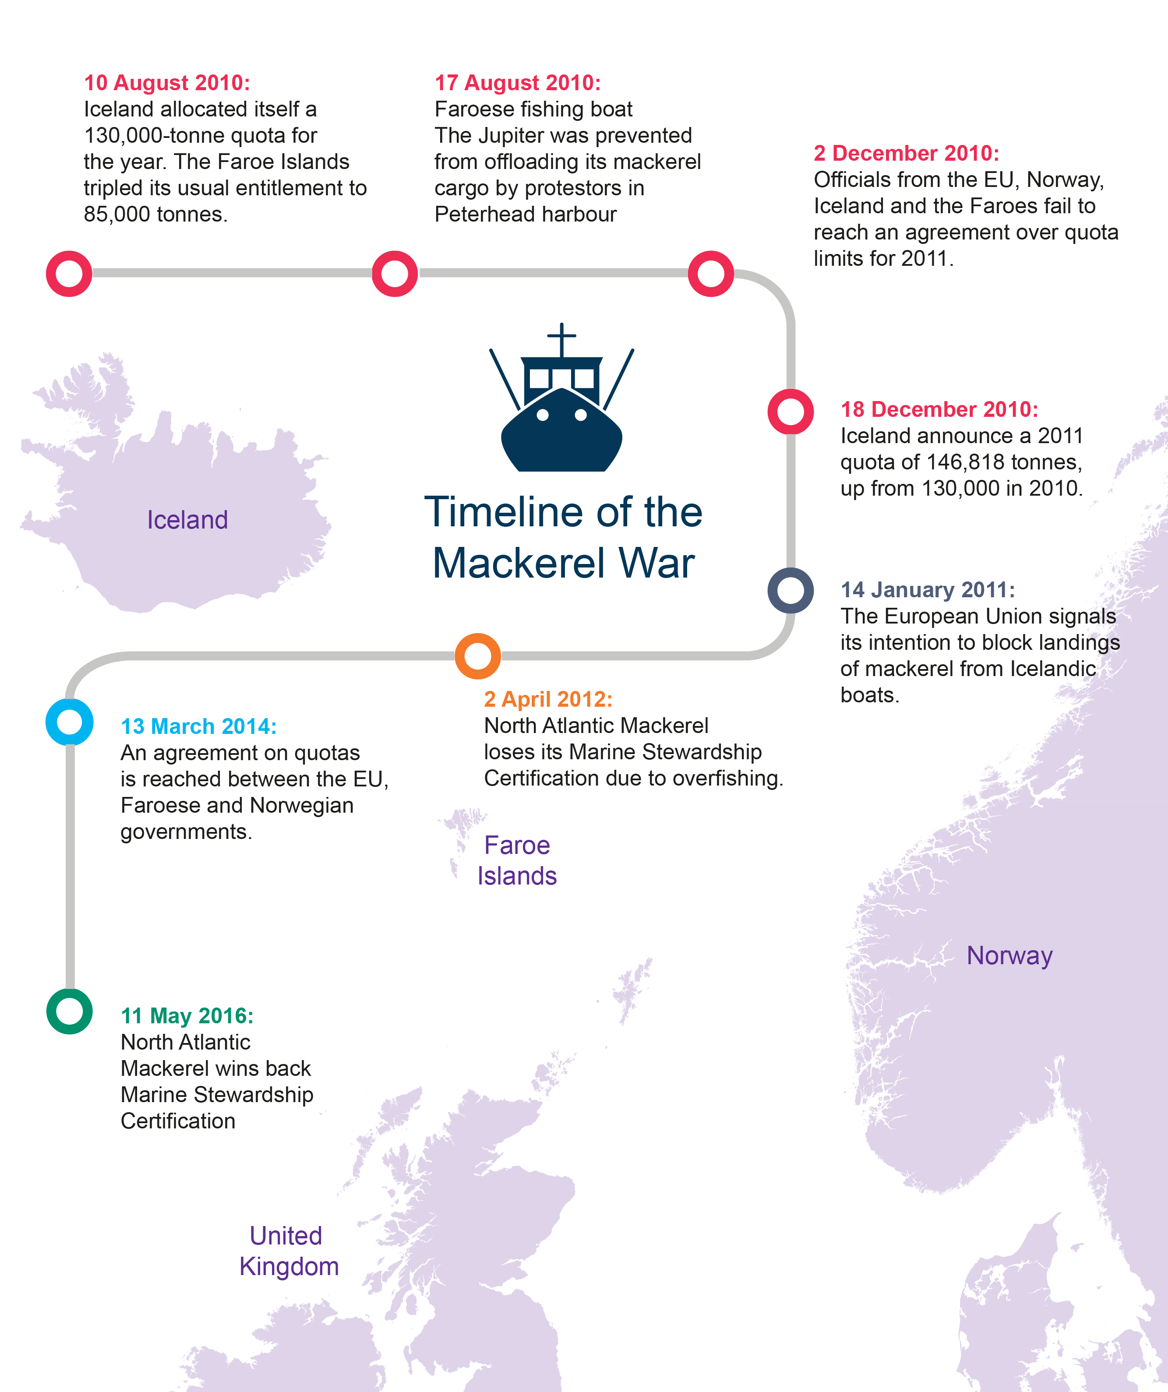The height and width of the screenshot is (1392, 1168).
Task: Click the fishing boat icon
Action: click(561, 404)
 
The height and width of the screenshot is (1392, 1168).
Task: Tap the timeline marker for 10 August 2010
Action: click(69, 274)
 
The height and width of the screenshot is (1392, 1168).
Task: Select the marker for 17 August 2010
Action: click(395, 274)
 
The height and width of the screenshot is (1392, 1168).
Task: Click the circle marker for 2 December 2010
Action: click(711, 274)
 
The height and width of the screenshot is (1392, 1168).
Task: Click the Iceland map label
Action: click(187, 520)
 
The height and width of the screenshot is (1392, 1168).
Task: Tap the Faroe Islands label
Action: click(517, 860)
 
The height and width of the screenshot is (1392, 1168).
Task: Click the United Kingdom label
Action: click(289, 1251)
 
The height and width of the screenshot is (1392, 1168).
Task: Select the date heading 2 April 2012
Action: click(548, 699)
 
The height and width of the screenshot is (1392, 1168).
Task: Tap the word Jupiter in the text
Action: click(514, 135)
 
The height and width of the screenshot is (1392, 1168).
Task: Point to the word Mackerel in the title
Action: click(519, 564)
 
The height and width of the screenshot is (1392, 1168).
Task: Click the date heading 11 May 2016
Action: click(187, 1015)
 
